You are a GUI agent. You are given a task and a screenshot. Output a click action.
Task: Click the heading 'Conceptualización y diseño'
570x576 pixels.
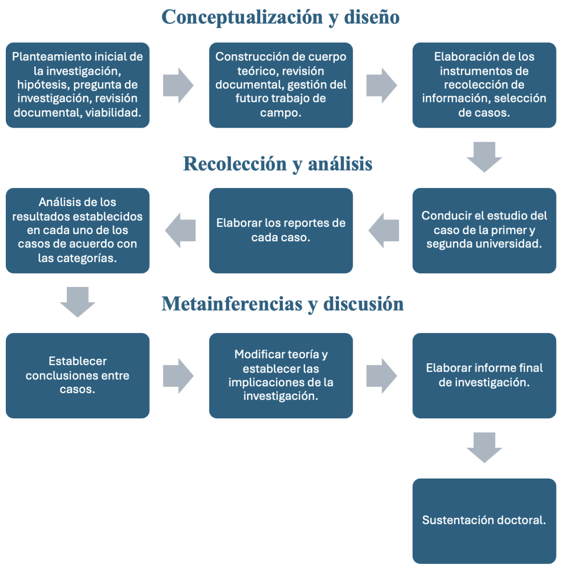[280, 17]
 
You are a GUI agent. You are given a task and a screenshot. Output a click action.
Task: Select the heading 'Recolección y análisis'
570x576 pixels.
[277, 164]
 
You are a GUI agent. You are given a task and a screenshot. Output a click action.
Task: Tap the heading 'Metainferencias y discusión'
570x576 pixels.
[282, 304]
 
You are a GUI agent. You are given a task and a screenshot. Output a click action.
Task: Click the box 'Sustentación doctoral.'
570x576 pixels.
[484, 521]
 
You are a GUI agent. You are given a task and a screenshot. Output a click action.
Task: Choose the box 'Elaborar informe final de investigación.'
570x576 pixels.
[484, 375]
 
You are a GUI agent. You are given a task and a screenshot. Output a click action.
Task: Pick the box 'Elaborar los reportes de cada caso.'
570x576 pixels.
[281, 230]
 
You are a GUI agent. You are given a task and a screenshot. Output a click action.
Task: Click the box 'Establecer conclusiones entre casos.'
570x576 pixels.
[77, 375]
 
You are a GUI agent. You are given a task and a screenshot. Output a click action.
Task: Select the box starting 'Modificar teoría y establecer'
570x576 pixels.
[281, 375]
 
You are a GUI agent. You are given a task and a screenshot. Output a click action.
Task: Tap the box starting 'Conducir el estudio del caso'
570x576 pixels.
[484, 230]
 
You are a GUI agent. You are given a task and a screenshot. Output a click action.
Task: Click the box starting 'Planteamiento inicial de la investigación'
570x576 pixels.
[77, 85]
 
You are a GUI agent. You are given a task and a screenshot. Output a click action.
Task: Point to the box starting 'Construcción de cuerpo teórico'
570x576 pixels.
[281, 85]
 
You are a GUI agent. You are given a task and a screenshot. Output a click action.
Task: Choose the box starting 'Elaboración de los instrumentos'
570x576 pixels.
[484, 85]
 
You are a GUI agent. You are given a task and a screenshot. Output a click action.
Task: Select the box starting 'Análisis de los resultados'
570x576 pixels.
[77, 230]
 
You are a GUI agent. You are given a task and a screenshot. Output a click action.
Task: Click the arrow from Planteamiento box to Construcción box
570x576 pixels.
[178, 85]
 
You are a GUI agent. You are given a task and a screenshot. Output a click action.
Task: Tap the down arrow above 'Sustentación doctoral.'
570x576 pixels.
[484, 447]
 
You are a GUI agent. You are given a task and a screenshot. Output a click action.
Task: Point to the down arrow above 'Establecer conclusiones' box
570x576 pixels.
[77, 302]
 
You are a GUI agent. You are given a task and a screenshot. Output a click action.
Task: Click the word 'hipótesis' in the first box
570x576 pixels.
[43, 85]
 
